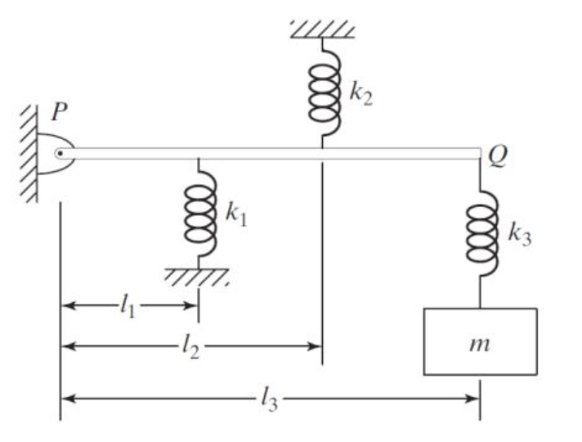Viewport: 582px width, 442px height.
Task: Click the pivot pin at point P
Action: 59,153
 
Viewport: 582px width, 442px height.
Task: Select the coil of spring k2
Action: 322,92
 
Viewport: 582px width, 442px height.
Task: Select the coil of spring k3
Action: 481,235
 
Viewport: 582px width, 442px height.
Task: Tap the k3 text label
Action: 520,236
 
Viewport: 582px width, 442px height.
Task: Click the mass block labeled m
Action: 480,341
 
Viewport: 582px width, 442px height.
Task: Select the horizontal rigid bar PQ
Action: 278,153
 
